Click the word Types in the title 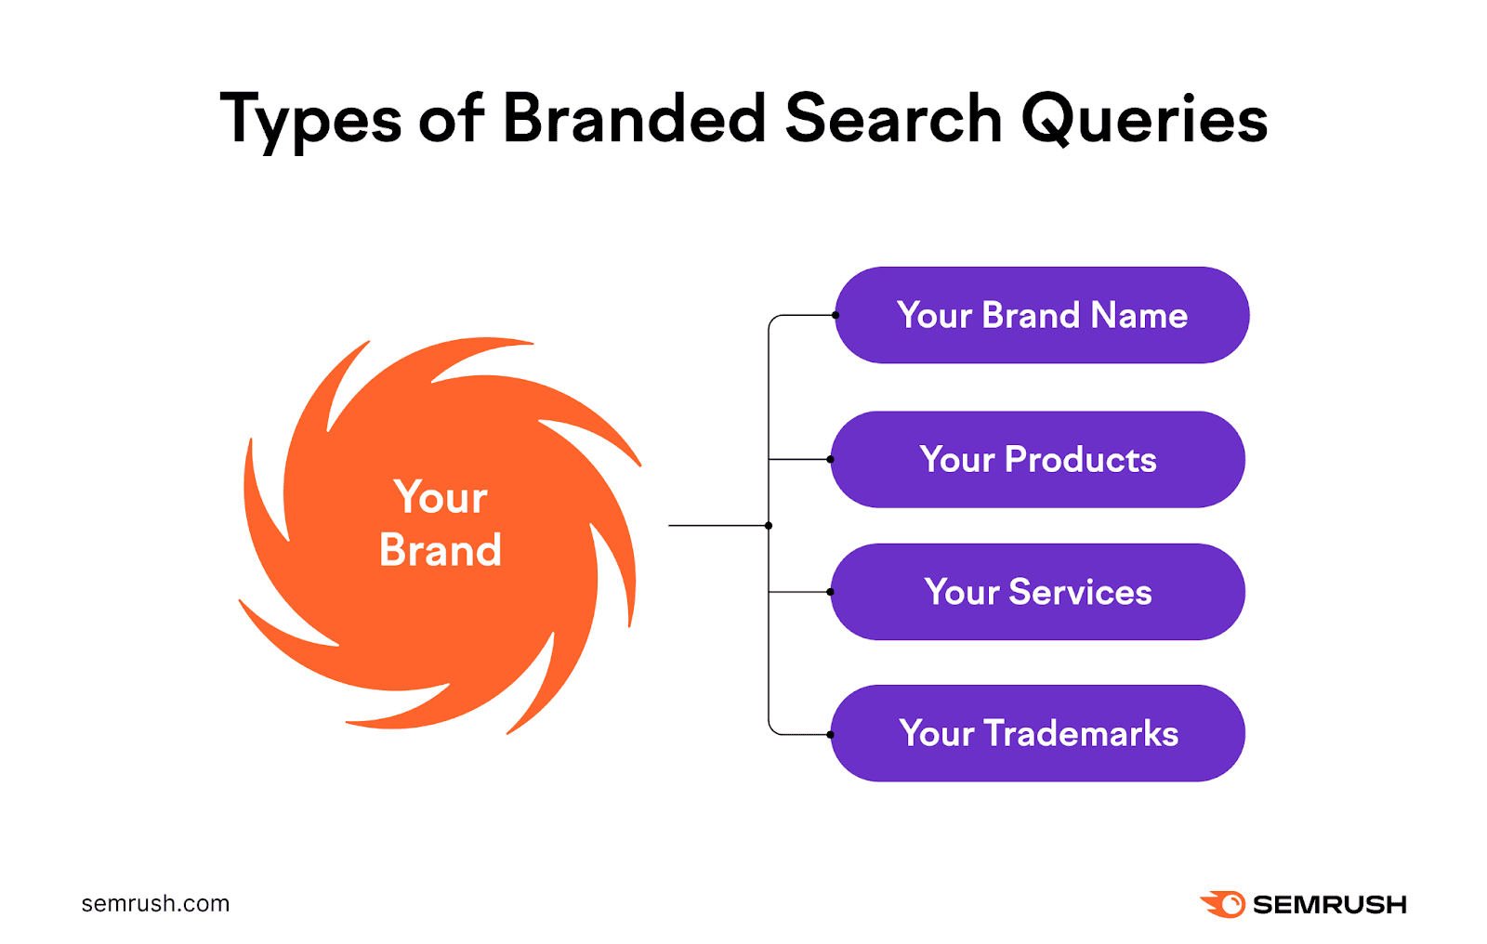pyautogui.click(x=310, y=121)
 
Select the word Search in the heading pyautogui.click(x=893, y=119)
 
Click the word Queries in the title pyautogui.click(x=1144, y=121)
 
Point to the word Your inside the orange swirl pyautogui.click(x=441, y=498)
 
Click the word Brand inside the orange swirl pyautogui.click(x=441, y=550)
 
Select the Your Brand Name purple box pyautogui.click(x=1041, y=315)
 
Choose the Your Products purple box pyautogui.click(x=1037, y=459)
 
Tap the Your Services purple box pyautogui.click(x=1037, y=592)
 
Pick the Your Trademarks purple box pyautogui.click(x=1037, y=733)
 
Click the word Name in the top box pyautogui.click(x=1139, y=315)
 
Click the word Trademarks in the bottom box pyautogui.click(x=1081, y=733)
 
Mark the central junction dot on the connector pyautogui.click(x=769, y=526)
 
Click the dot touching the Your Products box pyautogui.click(x=830, y=459)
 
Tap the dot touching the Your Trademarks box pyautogui.click(x=830, y=734)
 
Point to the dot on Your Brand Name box pyautogui.click(x=836, y=315)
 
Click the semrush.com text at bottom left pyautogui.click(x=155, y=903)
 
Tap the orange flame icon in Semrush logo pyautogui.click(x=1223, y=903)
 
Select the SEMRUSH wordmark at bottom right pyautogui.click(x=1329, y=904)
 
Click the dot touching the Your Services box pyautogui.click(x=830, y=592)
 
